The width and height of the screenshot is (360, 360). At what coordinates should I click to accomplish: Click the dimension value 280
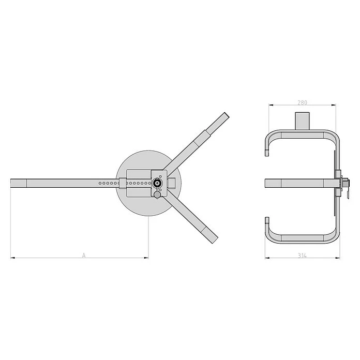302,102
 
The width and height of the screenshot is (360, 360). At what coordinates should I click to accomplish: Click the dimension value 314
302,256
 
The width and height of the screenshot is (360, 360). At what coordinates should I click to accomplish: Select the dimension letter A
84,255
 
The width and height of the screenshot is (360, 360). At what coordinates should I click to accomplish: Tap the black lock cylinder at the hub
157,183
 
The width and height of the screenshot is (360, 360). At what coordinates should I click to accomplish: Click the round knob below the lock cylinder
157,194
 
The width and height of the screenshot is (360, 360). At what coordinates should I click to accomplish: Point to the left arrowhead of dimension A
13,258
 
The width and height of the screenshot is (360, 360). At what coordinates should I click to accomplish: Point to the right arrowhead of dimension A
146,258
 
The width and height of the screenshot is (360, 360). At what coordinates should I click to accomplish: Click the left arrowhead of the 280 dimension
271,105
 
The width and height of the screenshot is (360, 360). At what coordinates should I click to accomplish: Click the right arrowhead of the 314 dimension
337,258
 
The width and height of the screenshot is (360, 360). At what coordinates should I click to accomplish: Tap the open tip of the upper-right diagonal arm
227,115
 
